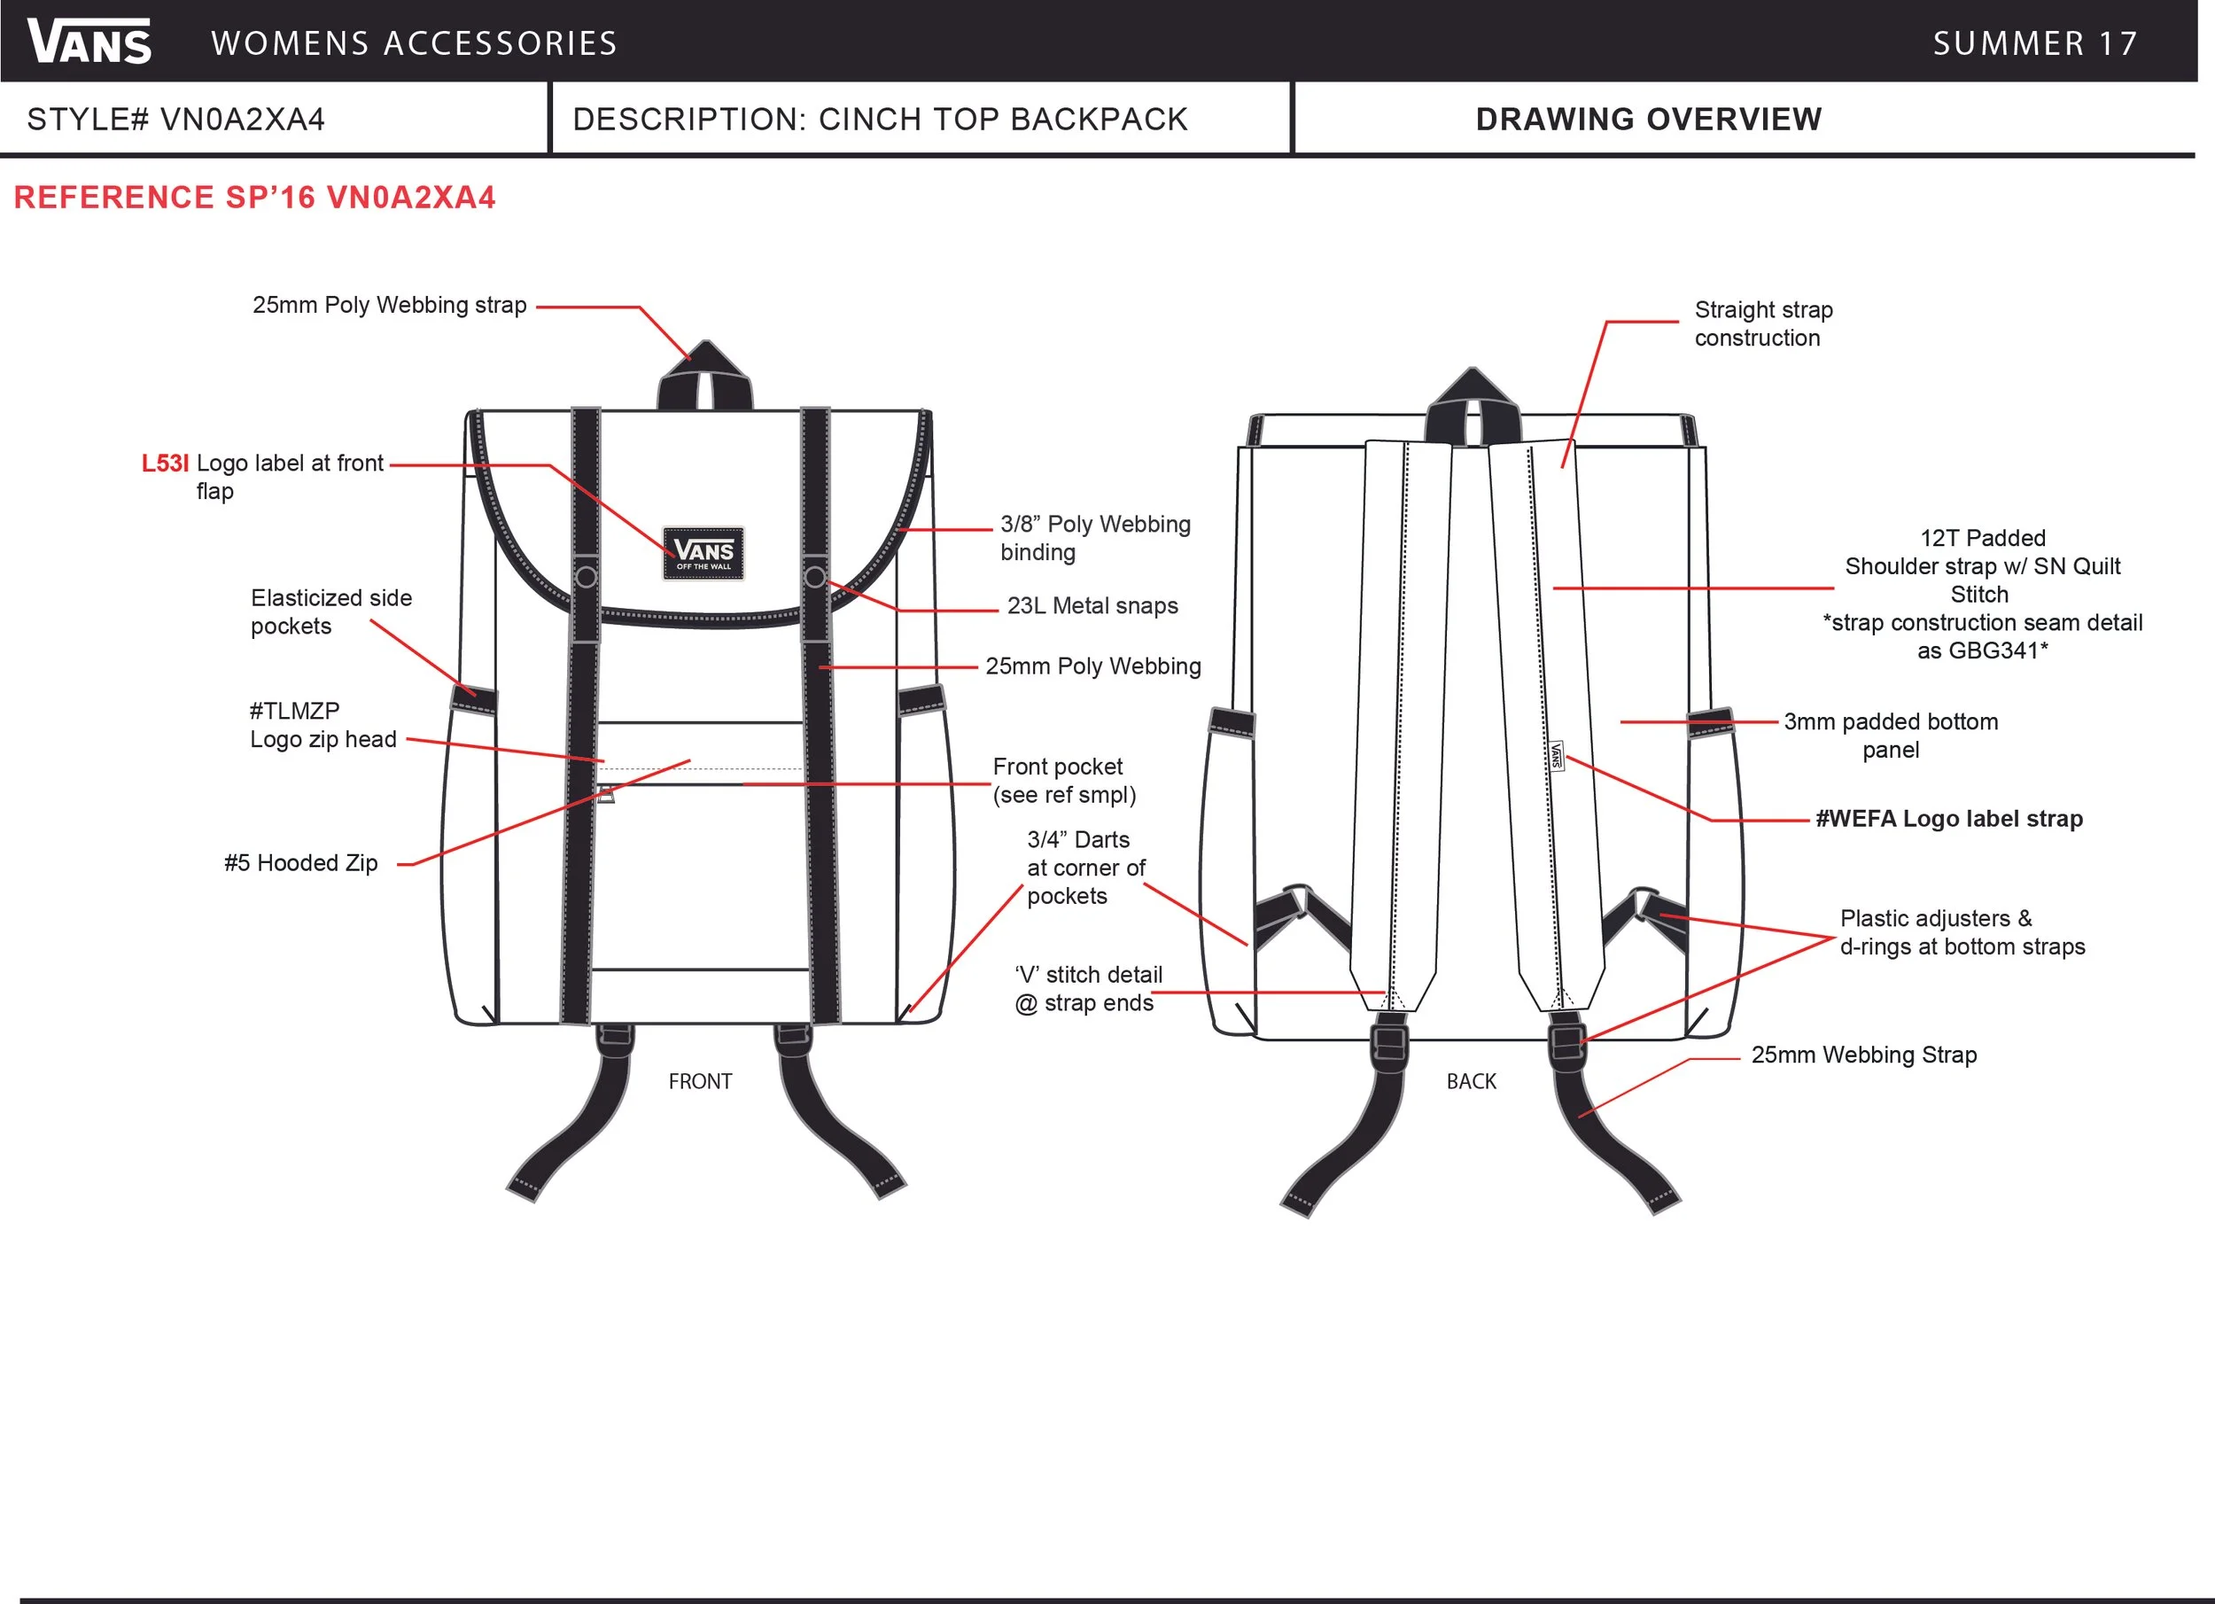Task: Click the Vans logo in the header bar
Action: point(89,42)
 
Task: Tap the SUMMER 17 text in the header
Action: point(2035,44)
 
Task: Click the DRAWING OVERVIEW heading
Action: point(1649,119)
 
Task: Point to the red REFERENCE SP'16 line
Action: point(254,198)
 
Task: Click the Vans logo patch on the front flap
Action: point(703,554)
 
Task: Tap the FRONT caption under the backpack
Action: point(700,1081)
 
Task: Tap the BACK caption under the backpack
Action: point(1471,1081)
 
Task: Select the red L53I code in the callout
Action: point(165,463)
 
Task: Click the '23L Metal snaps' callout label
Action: point(1092,605)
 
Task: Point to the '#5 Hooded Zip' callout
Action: point(301,862)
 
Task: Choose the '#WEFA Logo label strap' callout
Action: point(1948,819)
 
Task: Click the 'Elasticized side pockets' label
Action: point(331,611)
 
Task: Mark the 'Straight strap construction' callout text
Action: point(1763,323)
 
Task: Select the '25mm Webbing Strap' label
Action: point(1863,1055)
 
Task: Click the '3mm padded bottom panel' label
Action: point(1891,736)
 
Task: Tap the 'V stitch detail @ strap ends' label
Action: point(1088,989)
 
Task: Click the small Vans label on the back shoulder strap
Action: point(1557,756)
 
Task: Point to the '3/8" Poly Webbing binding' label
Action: point(1095,538)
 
